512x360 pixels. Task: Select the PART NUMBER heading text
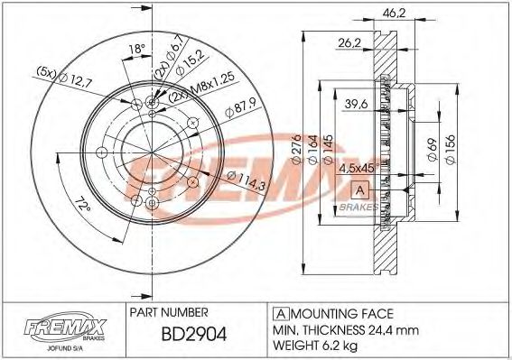click(171, 313)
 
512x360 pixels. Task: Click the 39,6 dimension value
click(358, 106)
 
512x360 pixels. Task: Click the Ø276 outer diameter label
click(295, 149)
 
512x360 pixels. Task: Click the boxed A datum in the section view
click(359, 189)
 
